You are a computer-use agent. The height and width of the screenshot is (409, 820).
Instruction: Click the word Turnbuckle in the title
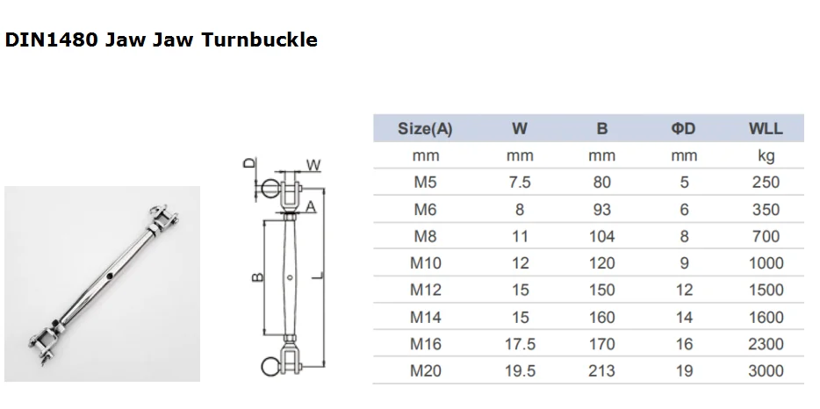click(x=259, y=39)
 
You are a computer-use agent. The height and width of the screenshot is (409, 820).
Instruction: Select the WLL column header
click(x=766, y=129)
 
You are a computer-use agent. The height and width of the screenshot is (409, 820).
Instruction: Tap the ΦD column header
click(x=684, y=129)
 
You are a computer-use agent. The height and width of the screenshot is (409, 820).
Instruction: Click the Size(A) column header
click(x=425, y=129)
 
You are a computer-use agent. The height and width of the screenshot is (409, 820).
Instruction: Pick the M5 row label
click(x=425, y=182)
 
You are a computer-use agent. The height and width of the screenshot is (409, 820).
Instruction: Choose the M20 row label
click(x=425, y=370)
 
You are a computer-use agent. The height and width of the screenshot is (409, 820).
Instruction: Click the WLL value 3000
click(x=766, y=370)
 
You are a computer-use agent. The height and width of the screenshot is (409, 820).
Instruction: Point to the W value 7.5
click(x=519, y=182)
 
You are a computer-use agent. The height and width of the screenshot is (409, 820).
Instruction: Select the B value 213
click(x=601, y=370)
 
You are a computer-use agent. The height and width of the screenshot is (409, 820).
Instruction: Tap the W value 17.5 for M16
click(x=520, y=344)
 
